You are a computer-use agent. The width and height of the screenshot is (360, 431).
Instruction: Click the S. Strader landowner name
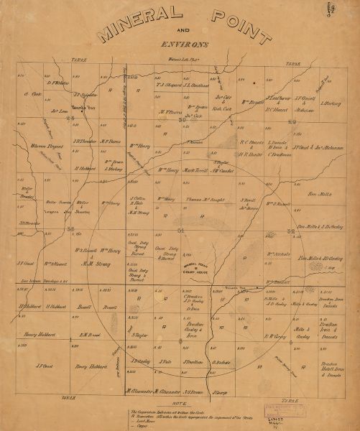coord(28,223)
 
